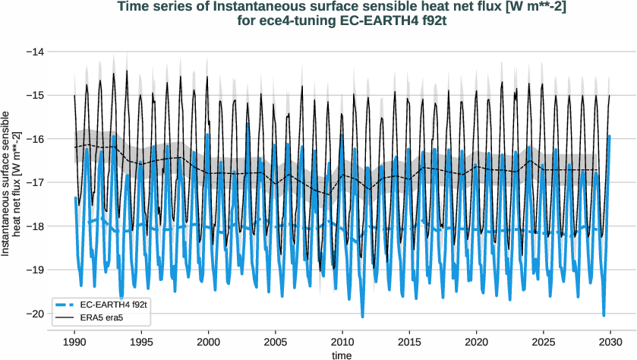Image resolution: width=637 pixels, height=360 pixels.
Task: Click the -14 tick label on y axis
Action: [x=34, y=52]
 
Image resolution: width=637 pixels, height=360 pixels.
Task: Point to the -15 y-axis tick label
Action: [x=34, y=96]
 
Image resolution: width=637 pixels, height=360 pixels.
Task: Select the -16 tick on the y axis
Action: [x=34, y=139]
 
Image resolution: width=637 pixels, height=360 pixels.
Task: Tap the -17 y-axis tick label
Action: [x=34, y=182]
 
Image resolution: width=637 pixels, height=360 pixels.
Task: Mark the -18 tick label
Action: [x=34, y=226]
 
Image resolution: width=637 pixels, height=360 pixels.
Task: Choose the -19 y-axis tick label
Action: [x=34, y=270]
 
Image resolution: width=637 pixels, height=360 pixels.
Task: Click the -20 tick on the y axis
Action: [x=34, y=314]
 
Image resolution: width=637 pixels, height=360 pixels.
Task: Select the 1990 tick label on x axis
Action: [x=74, y=342]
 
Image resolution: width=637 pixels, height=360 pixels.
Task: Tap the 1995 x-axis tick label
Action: [x=141, y=342]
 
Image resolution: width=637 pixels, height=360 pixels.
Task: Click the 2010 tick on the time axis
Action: [x=342, y=342]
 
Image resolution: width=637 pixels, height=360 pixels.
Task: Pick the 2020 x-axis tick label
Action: [x=477, y=342]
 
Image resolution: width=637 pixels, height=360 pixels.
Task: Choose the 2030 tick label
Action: [x=610, y=342]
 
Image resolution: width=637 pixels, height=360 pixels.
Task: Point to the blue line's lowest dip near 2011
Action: [x=362, y=316]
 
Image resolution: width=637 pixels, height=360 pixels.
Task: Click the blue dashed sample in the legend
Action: [x=66, y=303]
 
